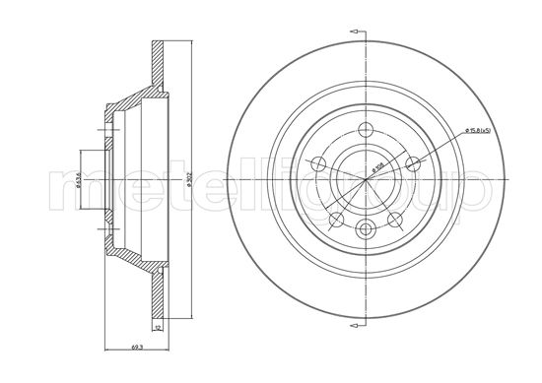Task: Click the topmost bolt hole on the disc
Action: tap(365, 129)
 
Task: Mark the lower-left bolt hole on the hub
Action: tap(335, 219)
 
